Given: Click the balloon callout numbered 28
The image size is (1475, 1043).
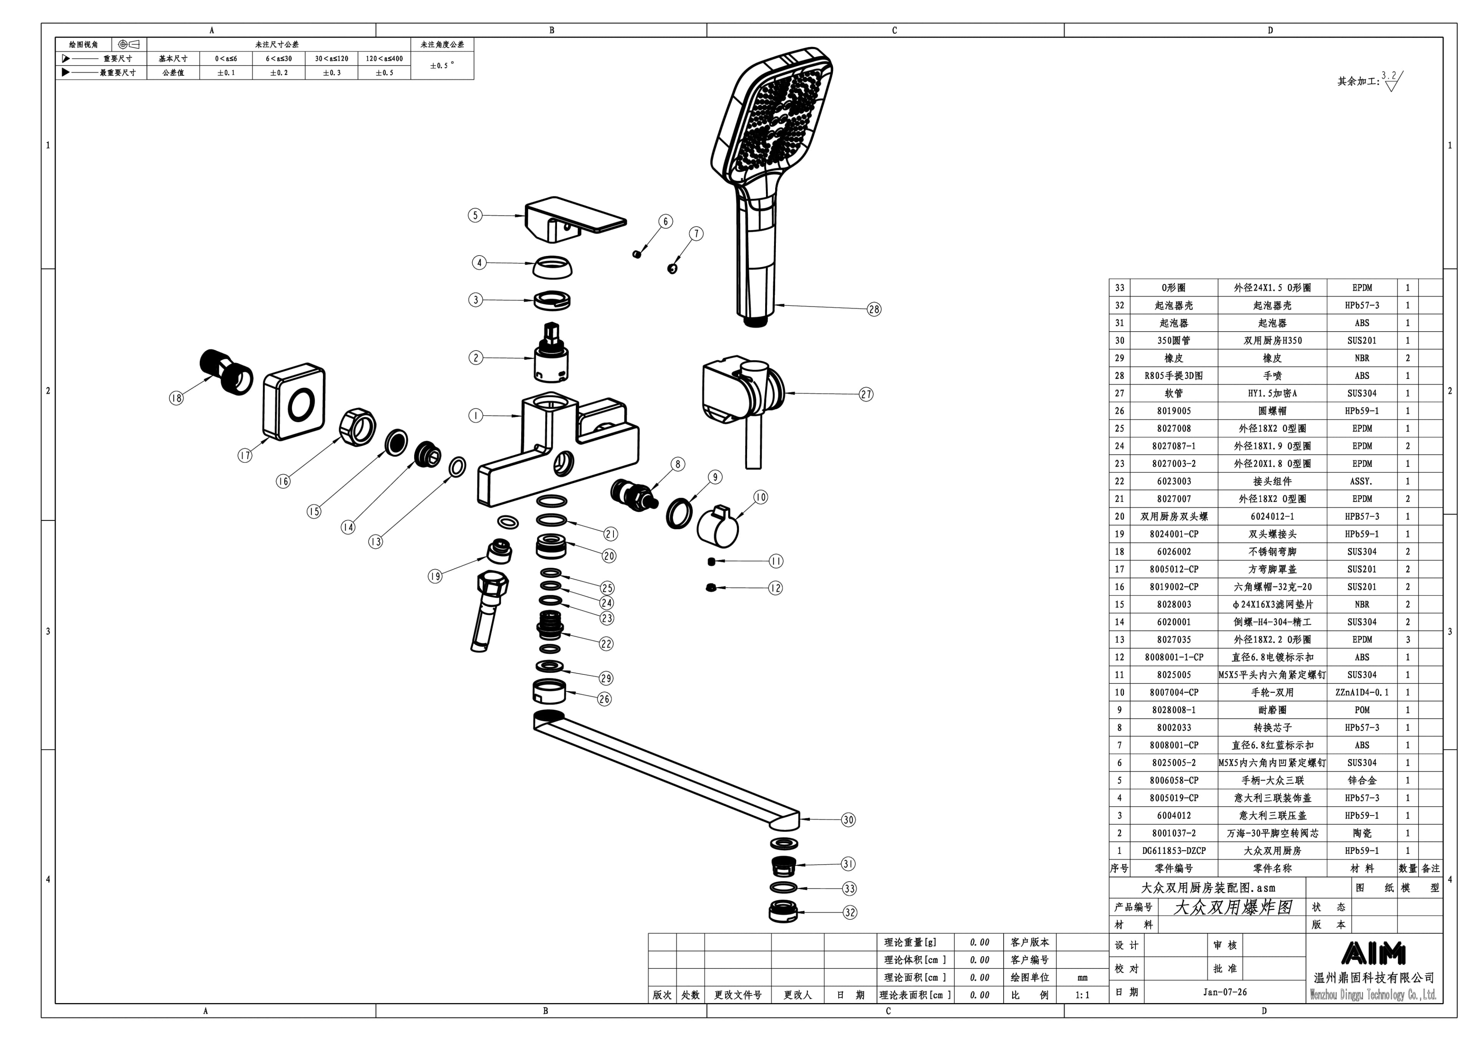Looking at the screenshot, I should (x=874, y=309).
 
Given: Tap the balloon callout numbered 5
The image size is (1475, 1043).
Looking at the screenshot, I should (x=475, y=215).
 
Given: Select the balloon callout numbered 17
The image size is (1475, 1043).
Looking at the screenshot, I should (x=245, y=456).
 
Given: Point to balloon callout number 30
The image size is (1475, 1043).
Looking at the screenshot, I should (x=848, y=819).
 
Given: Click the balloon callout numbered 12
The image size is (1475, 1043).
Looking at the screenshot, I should (x=776, y=588).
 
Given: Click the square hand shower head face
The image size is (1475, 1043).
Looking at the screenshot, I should (x=774, y=119).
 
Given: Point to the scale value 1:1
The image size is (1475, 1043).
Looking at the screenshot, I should (x=1082, y=995).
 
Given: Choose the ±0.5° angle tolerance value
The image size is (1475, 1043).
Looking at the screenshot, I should (x=442, y=66).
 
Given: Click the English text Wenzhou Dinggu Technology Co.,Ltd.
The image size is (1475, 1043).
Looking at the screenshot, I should (x=1374, y=995).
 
